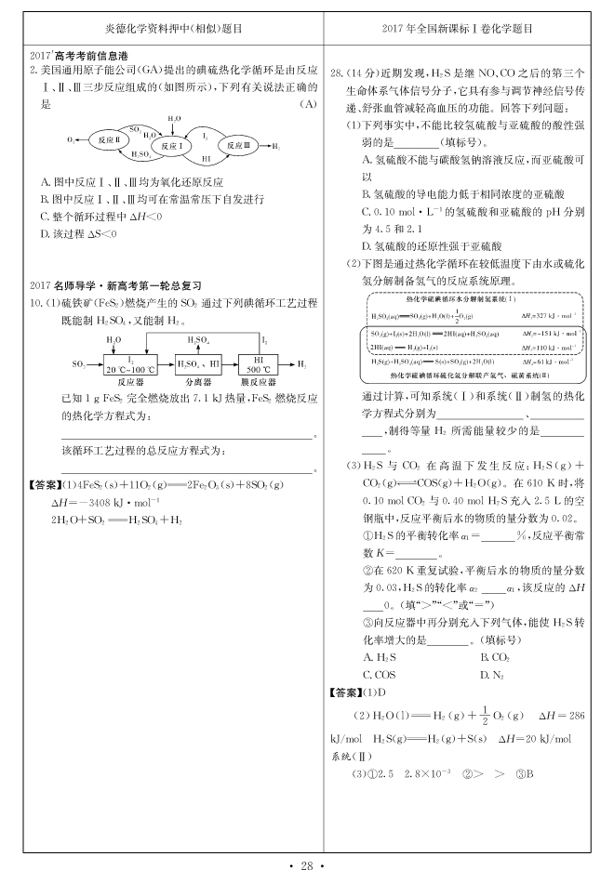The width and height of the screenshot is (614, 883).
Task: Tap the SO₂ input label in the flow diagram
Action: (78, 363)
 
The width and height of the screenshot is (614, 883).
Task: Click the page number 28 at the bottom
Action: (307, 866)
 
